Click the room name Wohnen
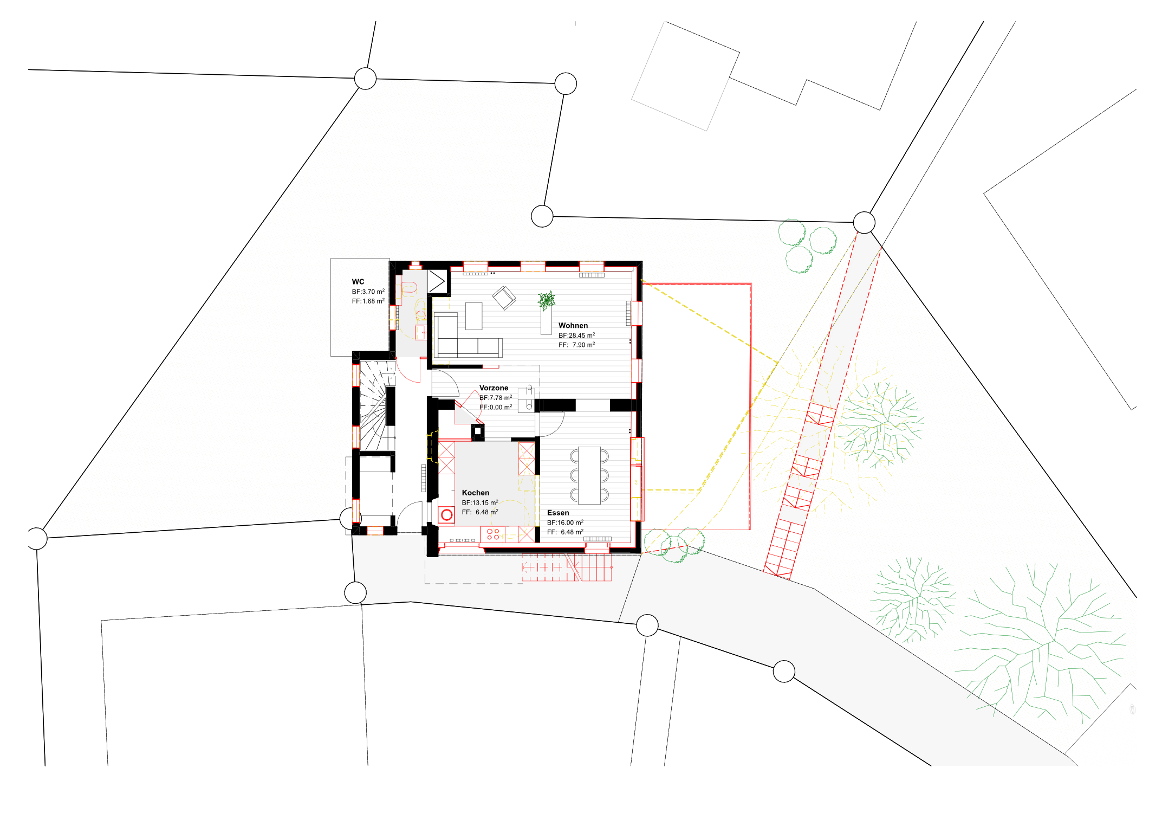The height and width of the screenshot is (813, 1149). click(573, 326)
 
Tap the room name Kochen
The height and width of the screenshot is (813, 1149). click(476, 493)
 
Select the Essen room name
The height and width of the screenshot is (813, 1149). click(558, 513)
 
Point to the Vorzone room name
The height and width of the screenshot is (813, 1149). click(494, 388)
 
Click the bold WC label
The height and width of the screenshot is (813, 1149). click(358, 282)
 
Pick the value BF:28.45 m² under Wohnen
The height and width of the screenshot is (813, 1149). click(577, 335)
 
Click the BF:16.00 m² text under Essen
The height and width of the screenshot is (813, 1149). click(566, 522)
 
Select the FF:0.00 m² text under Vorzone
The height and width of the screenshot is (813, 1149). click(496, 407)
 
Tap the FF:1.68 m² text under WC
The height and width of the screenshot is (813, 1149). click(368, 301)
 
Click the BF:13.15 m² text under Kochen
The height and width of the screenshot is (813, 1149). click(480, 502)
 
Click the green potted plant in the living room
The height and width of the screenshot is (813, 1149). click(547, 300)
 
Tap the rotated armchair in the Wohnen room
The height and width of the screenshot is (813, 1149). click(504, 298)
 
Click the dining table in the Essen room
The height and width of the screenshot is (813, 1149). click(589, 475)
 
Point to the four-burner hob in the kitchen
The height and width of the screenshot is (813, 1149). click(493, 534)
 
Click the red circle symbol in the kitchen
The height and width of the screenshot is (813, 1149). click(447, 515)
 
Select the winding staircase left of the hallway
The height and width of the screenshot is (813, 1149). click(378, 405)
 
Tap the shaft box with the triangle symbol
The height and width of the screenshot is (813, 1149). click(437, 281)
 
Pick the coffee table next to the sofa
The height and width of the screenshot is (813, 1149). click(474, 316)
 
